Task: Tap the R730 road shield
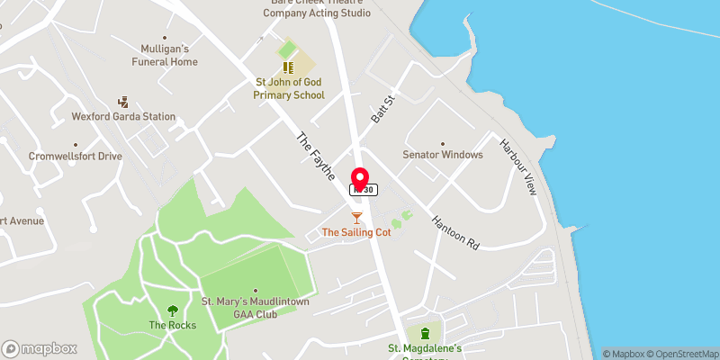[364, 190]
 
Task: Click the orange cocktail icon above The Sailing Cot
[356, 218]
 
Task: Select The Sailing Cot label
[356, 232]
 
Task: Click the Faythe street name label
[316, 153]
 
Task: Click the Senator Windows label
[443, 155]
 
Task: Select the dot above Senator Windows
[443, 142]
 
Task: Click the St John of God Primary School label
[289, 89]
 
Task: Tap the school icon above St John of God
[289, 67]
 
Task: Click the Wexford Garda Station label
[124, 117]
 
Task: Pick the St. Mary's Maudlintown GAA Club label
[255, 307]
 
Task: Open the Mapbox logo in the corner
[40, 348]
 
